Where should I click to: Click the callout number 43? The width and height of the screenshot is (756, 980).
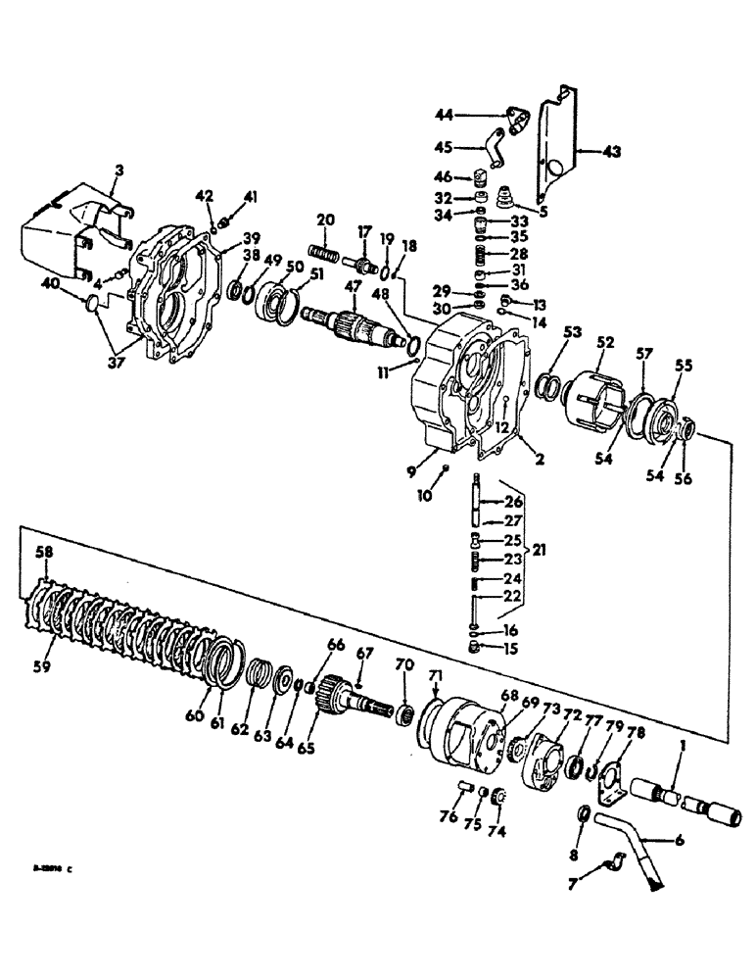click(x=612, y=152)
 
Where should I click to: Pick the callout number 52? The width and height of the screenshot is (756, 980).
click(x=606, y=344)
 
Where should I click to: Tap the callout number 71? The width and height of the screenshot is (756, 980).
click(x=436, y=677)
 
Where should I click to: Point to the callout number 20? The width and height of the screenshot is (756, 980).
click(x=326, y=219)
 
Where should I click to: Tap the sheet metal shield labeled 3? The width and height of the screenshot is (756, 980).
click(x=69, y=240)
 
